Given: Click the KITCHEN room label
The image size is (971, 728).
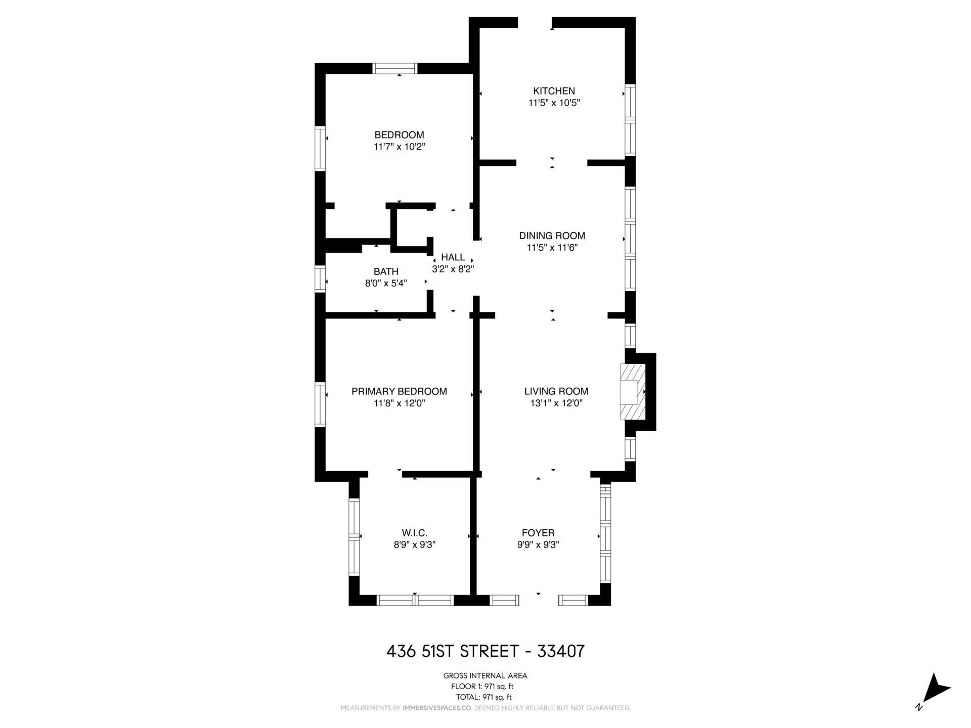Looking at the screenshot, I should (554, 91).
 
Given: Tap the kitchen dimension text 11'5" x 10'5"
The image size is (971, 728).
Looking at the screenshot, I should (554, 103).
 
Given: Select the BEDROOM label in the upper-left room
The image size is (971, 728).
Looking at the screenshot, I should (399, 135).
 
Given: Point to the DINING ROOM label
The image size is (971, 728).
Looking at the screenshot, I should (552, 236).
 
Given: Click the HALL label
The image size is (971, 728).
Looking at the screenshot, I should (453, 257).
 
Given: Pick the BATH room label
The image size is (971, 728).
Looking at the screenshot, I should (386, 271).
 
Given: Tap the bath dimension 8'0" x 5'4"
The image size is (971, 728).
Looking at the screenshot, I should (386, 284).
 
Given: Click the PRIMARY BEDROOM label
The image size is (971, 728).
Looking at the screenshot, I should (399, 391).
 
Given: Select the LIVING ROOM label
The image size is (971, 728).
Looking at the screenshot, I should (556, 391).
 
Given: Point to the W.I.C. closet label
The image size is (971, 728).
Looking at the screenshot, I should (415, 533).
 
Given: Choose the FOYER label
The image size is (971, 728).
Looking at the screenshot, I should (538, 533).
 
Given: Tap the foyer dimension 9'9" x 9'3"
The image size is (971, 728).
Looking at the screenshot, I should (538, 545).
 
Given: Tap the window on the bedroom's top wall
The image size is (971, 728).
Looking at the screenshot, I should (395, 68).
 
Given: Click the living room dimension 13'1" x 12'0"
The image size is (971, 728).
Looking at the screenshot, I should (556, 403).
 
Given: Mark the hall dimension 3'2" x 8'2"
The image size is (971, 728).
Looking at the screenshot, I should (453, 269).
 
